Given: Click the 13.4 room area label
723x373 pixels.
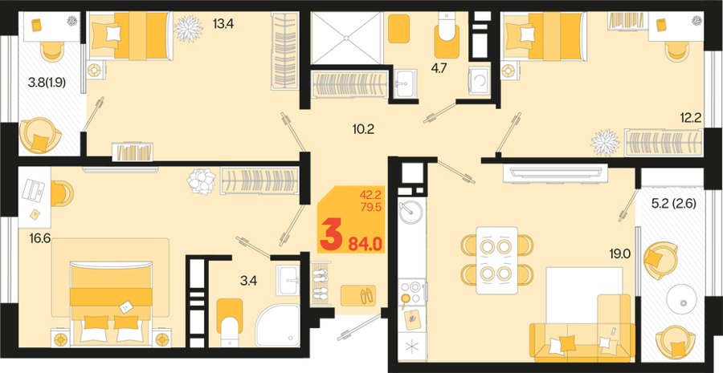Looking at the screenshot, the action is coord(223,23).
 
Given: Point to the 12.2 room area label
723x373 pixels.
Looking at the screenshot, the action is coord(690,119).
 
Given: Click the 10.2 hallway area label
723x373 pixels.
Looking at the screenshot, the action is coord(362,129).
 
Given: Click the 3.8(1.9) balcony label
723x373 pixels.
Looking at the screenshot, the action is coord(47,83).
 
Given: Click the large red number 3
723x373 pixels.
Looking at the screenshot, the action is coord(332,235).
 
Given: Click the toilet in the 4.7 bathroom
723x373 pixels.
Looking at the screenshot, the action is coord(447,35).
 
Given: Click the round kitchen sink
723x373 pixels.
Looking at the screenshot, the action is coord(411,213).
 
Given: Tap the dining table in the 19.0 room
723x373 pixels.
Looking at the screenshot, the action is coord(496,260).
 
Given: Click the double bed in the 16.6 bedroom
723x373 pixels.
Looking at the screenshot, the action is coord(111,304).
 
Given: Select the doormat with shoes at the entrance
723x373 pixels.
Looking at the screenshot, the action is coord(358,295).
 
